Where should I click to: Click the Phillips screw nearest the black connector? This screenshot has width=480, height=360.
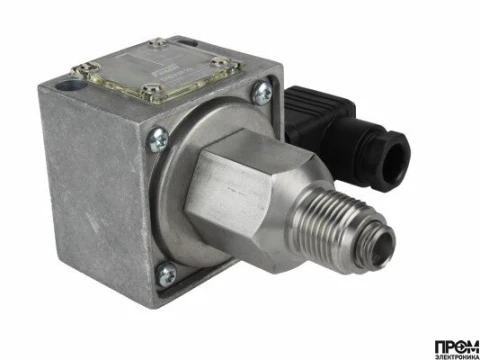(x=262, y=95)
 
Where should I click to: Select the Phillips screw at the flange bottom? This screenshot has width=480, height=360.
(x=168, y=271)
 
